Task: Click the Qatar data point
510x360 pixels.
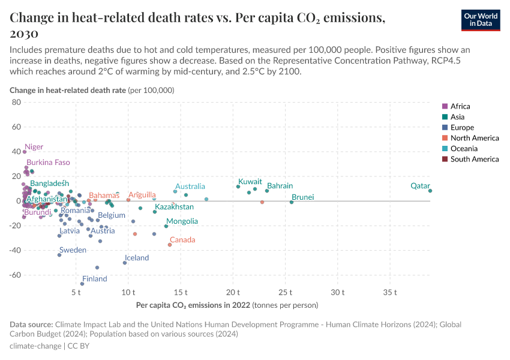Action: tap(430, 191)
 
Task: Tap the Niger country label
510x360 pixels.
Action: tap(34, 147)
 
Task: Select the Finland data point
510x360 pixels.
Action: tap(82, 284)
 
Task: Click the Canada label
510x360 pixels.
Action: tap(182, 240)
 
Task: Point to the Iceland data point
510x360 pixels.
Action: tap(125, 263)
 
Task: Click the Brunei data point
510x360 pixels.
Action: tap(292, 202)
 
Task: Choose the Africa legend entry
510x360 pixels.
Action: tap(460, 106)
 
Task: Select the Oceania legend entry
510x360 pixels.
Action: tap(463, 148)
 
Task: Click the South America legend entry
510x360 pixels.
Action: tap(474, 159)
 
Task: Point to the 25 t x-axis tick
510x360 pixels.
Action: tap(285, 292)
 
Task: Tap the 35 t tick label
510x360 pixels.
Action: tap(390, 292)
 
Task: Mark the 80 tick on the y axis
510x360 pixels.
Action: tap(16, 103)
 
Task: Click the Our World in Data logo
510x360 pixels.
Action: tap(480, 19)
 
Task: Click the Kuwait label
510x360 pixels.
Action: tap(250, 182)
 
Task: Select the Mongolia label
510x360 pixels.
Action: tap(182, 221)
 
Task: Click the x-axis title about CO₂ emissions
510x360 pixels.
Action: tap(227, 305)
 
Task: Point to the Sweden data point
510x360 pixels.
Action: tap(59, 255)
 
